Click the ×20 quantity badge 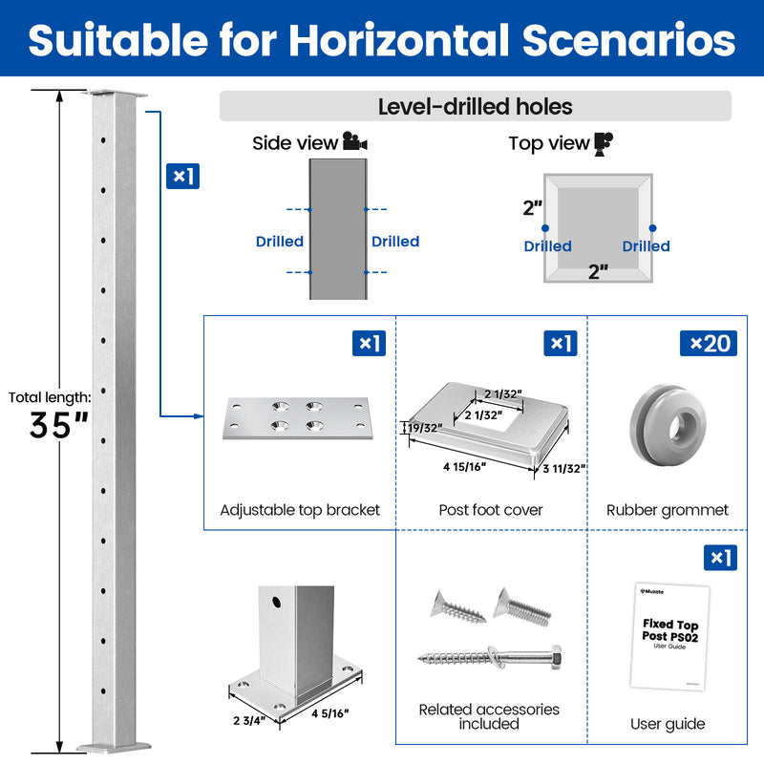click(709, 344)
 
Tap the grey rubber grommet click(668, 424)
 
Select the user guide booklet click(670, 636)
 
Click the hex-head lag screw click(490, 657)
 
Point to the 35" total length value click(59, 425)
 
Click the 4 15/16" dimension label click(464, 467)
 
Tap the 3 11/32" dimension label click(563, 469)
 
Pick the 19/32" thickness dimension click(425, 428)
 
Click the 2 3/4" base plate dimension click(249, 720)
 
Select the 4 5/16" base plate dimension click(330, 713)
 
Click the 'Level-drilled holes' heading click(475, 106)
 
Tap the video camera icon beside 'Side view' click(354, 141)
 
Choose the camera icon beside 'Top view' click(604, 144)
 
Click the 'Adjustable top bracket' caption click(300, 510)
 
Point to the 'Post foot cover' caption click(491, 510)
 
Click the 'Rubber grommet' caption click(667, 510)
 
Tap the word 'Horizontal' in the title click(399, 40)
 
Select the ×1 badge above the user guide click(720, 558)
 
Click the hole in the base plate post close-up click(276, 603)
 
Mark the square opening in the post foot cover click(488, 414)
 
